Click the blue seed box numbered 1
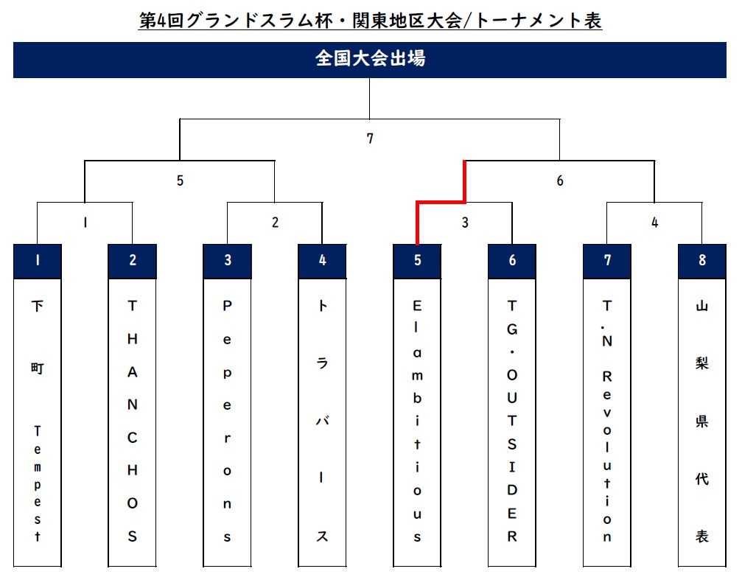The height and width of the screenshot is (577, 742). click(37, 261)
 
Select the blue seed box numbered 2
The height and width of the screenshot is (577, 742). click(132, 261)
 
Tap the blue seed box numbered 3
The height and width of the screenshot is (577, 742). click(227, 261)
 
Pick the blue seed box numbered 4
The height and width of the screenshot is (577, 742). click(322, 261)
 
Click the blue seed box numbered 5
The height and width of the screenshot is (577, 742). click(417, 261)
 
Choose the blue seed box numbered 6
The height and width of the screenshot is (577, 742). click(512, 261)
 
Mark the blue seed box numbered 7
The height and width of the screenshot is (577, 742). click(607, 261)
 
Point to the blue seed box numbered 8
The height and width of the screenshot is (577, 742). click(702, 261)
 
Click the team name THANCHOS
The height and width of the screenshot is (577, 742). click(132, 420)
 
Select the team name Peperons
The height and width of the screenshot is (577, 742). click(227, 420)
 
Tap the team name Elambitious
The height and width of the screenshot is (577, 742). click(417, 420)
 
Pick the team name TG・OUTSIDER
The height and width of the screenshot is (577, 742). click(512, 420)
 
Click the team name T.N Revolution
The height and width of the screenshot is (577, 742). click(607, 420)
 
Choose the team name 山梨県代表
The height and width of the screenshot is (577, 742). click(702, 420)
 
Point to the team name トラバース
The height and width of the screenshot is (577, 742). click(322, 420)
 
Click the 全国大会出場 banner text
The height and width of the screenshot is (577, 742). click(370, 59)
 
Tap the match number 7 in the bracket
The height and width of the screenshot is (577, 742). click(370, 138)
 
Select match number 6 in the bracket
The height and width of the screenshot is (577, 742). click(559, 181)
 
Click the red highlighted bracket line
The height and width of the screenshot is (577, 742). click(441, 201)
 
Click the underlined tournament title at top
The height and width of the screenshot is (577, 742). click(370, 20)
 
